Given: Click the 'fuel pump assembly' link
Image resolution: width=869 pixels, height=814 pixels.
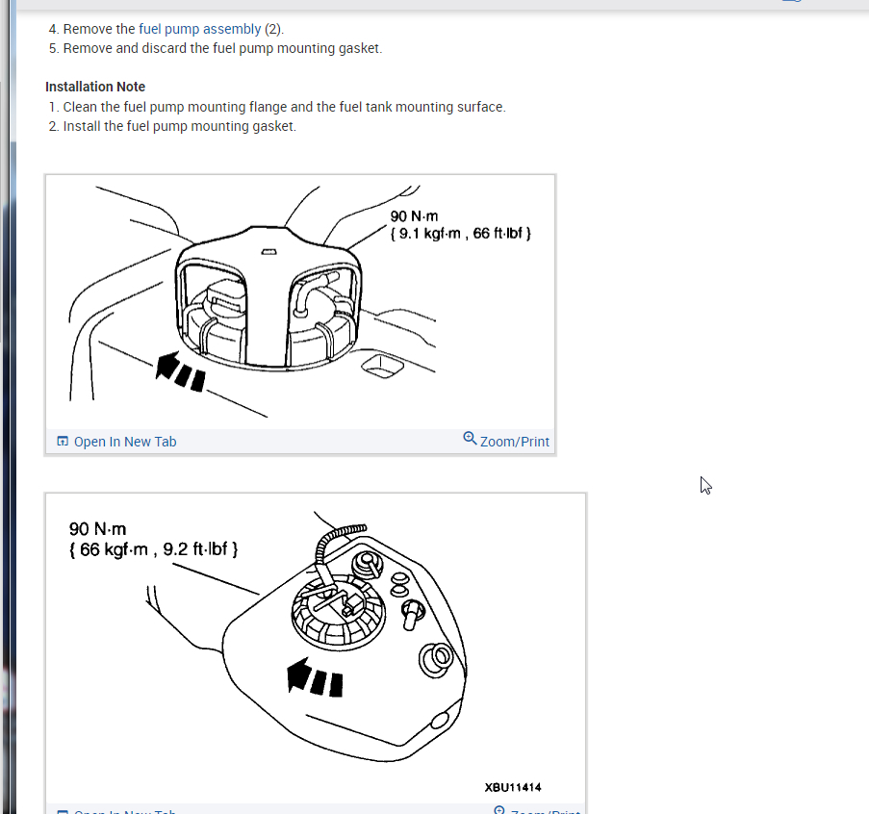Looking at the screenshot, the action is click(199, 29).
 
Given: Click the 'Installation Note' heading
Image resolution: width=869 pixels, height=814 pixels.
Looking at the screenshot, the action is click(95, 87).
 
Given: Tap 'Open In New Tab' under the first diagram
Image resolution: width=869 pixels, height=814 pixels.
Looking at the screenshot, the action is click(125, 442).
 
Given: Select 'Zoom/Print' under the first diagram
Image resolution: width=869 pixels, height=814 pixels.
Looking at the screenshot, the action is click(514, 442).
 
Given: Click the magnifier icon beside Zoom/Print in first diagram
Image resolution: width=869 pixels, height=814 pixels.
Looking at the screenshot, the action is click(470, 439).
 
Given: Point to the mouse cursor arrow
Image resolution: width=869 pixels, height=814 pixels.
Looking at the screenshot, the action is click(705, 485).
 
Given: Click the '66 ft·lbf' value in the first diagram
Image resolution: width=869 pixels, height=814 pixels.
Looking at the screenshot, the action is click(498, 233).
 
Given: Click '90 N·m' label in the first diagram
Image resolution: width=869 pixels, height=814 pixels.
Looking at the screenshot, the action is click(414, 216).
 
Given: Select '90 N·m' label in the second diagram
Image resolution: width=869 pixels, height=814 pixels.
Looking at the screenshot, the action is click(97, 529).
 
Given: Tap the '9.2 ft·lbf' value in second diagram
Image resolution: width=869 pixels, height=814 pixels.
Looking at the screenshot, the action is click(195, 549).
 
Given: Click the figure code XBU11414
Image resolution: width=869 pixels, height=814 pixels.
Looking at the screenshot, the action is click(513, 787).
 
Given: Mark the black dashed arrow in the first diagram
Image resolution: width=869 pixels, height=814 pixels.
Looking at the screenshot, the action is click(180, 371).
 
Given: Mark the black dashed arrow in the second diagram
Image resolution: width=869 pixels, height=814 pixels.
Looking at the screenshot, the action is click(315, 677).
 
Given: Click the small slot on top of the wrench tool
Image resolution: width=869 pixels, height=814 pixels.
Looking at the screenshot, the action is click(268, 252).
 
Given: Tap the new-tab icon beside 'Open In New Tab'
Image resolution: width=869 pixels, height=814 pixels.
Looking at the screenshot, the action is click(63, 441).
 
